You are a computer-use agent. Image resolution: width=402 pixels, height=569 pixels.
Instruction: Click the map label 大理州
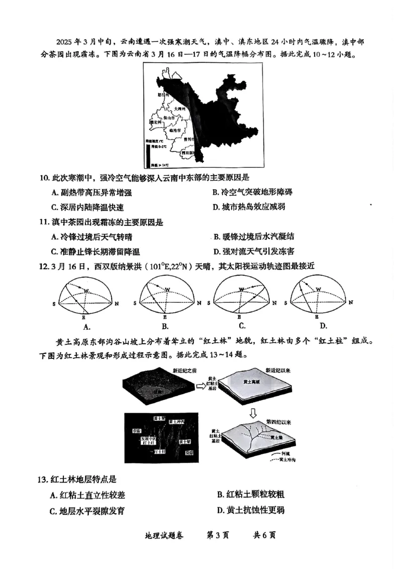click(180, 109)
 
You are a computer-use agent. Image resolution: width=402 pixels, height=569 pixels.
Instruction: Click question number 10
click(44, 177)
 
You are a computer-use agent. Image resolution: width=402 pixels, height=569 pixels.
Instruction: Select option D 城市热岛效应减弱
click(250, 207)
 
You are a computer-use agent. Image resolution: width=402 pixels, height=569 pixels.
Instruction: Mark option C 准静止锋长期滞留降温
click(95, 251)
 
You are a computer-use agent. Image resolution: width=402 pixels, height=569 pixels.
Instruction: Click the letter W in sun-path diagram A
click(86, 292)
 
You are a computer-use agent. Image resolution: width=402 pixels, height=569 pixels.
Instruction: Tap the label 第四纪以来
click(279, 421)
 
